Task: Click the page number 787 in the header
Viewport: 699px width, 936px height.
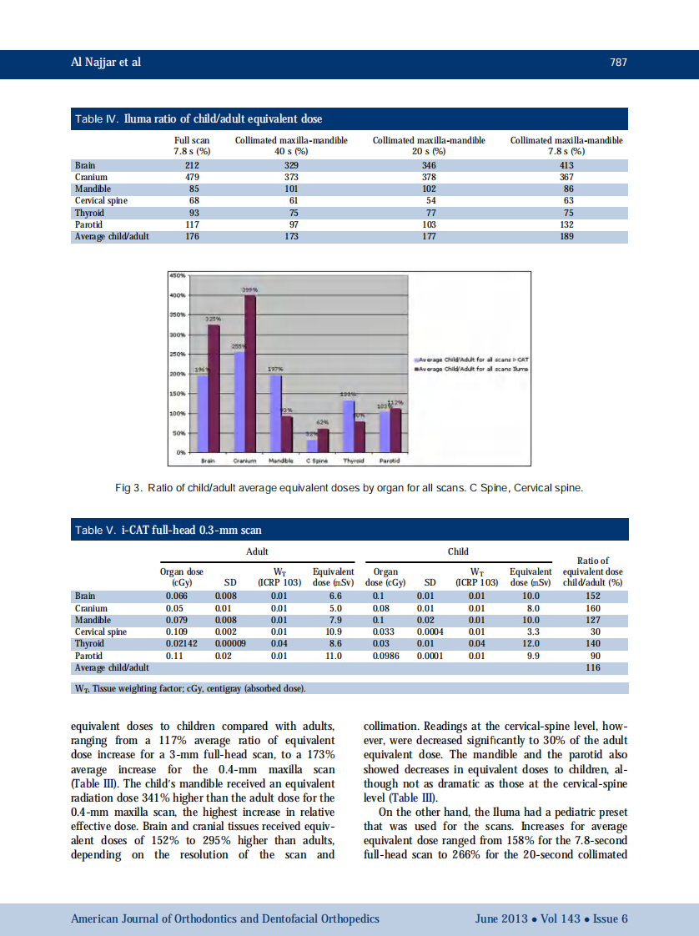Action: (x=617, y=63)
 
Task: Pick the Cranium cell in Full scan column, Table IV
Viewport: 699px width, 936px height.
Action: (x=191, y=177)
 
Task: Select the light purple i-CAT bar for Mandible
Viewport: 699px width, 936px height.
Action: (x=274, y=413)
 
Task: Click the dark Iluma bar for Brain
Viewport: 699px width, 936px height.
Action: (x=214, y=388)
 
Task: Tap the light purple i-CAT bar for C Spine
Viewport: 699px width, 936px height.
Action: (x=311, y=445)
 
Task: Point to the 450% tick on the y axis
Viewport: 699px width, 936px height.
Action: (x=177, y=274)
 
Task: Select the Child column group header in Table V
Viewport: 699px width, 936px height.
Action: (x=458, y=551)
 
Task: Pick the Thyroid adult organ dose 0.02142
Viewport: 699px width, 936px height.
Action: (x=181, y=644)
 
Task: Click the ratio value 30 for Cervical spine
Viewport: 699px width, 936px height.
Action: (x=593, y=632)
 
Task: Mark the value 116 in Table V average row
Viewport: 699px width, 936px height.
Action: (x=593, y=668)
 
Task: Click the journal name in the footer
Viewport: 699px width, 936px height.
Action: (x=225, y=918)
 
